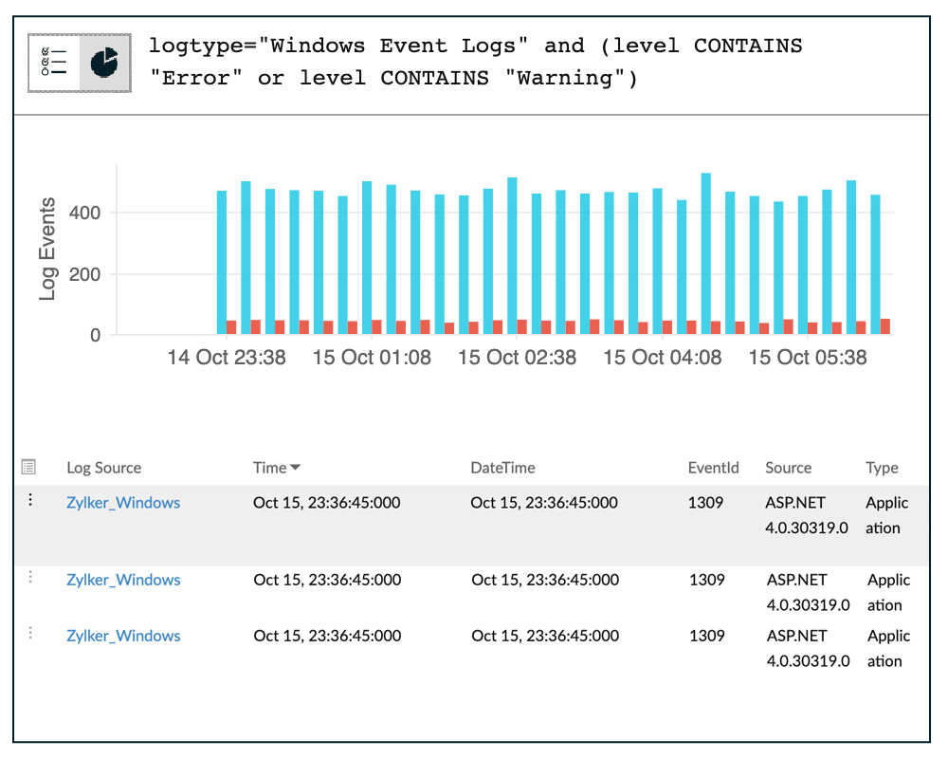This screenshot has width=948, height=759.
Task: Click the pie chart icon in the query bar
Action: [x=104, y=63]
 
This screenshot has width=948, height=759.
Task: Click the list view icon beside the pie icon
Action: [x=53, y=63]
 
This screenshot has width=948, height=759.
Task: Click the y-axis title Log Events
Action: [x=47, y=250]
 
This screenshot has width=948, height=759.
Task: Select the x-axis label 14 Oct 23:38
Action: [x=227, y=358]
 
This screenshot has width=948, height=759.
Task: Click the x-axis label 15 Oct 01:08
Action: [x=372, y=358]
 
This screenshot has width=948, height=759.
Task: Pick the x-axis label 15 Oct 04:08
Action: [x=663, y=358]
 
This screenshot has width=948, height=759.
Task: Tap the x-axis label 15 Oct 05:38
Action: [x=808, y=358]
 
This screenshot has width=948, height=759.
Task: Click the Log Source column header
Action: [x=103, y=468]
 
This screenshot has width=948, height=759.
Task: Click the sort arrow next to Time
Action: [x=296, y=468]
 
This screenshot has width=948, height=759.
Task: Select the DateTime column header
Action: [x=502, y=468]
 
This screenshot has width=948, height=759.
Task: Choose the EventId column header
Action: [x=713, y=468]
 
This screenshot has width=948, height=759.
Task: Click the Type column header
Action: [x=882, y=468]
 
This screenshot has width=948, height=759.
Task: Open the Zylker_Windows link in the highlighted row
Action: [x=123, y=503]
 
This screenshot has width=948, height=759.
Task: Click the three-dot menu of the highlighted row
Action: [x=30, y=500]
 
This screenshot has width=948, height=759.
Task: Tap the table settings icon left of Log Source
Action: [x=28, y=467]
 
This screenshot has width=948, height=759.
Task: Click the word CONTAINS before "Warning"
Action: [x=434, y=79]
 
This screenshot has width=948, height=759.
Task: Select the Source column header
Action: [x=788, y=468]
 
